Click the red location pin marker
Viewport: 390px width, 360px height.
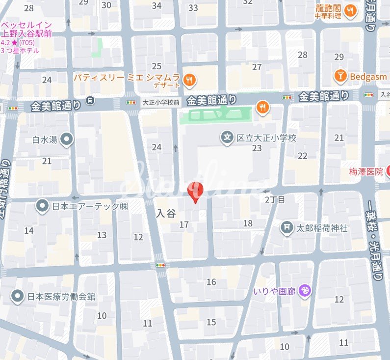(195, 191)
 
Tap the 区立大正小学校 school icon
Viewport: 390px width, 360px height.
(227, 138)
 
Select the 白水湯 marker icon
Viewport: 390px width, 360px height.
(67, 140)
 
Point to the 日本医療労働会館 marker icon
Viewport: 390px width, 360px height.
(18, 296)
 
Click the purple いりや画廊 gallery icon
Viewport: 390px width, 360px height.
(305, 291)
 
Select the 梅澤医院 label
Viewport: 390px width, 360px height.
(365, 171)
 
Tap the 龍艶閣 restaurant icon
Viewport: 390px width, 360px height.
(350, 11)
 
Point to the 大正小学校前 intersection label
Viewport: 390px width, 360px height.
(161, 103)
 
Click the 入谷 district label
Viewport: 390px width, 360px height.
(165, 214)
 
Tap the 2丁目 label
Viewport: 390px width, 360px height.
(275, 199)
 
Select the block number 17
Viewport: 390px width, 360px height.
(184, 225)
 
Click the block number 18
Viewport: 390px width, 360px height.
(248, 223)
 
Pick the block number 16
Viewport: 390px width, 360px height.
(211, 282)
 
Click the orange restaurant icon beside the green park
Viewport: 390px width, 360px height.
(263, 107)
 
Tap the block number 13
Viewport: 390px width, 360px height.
(102, 235)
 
